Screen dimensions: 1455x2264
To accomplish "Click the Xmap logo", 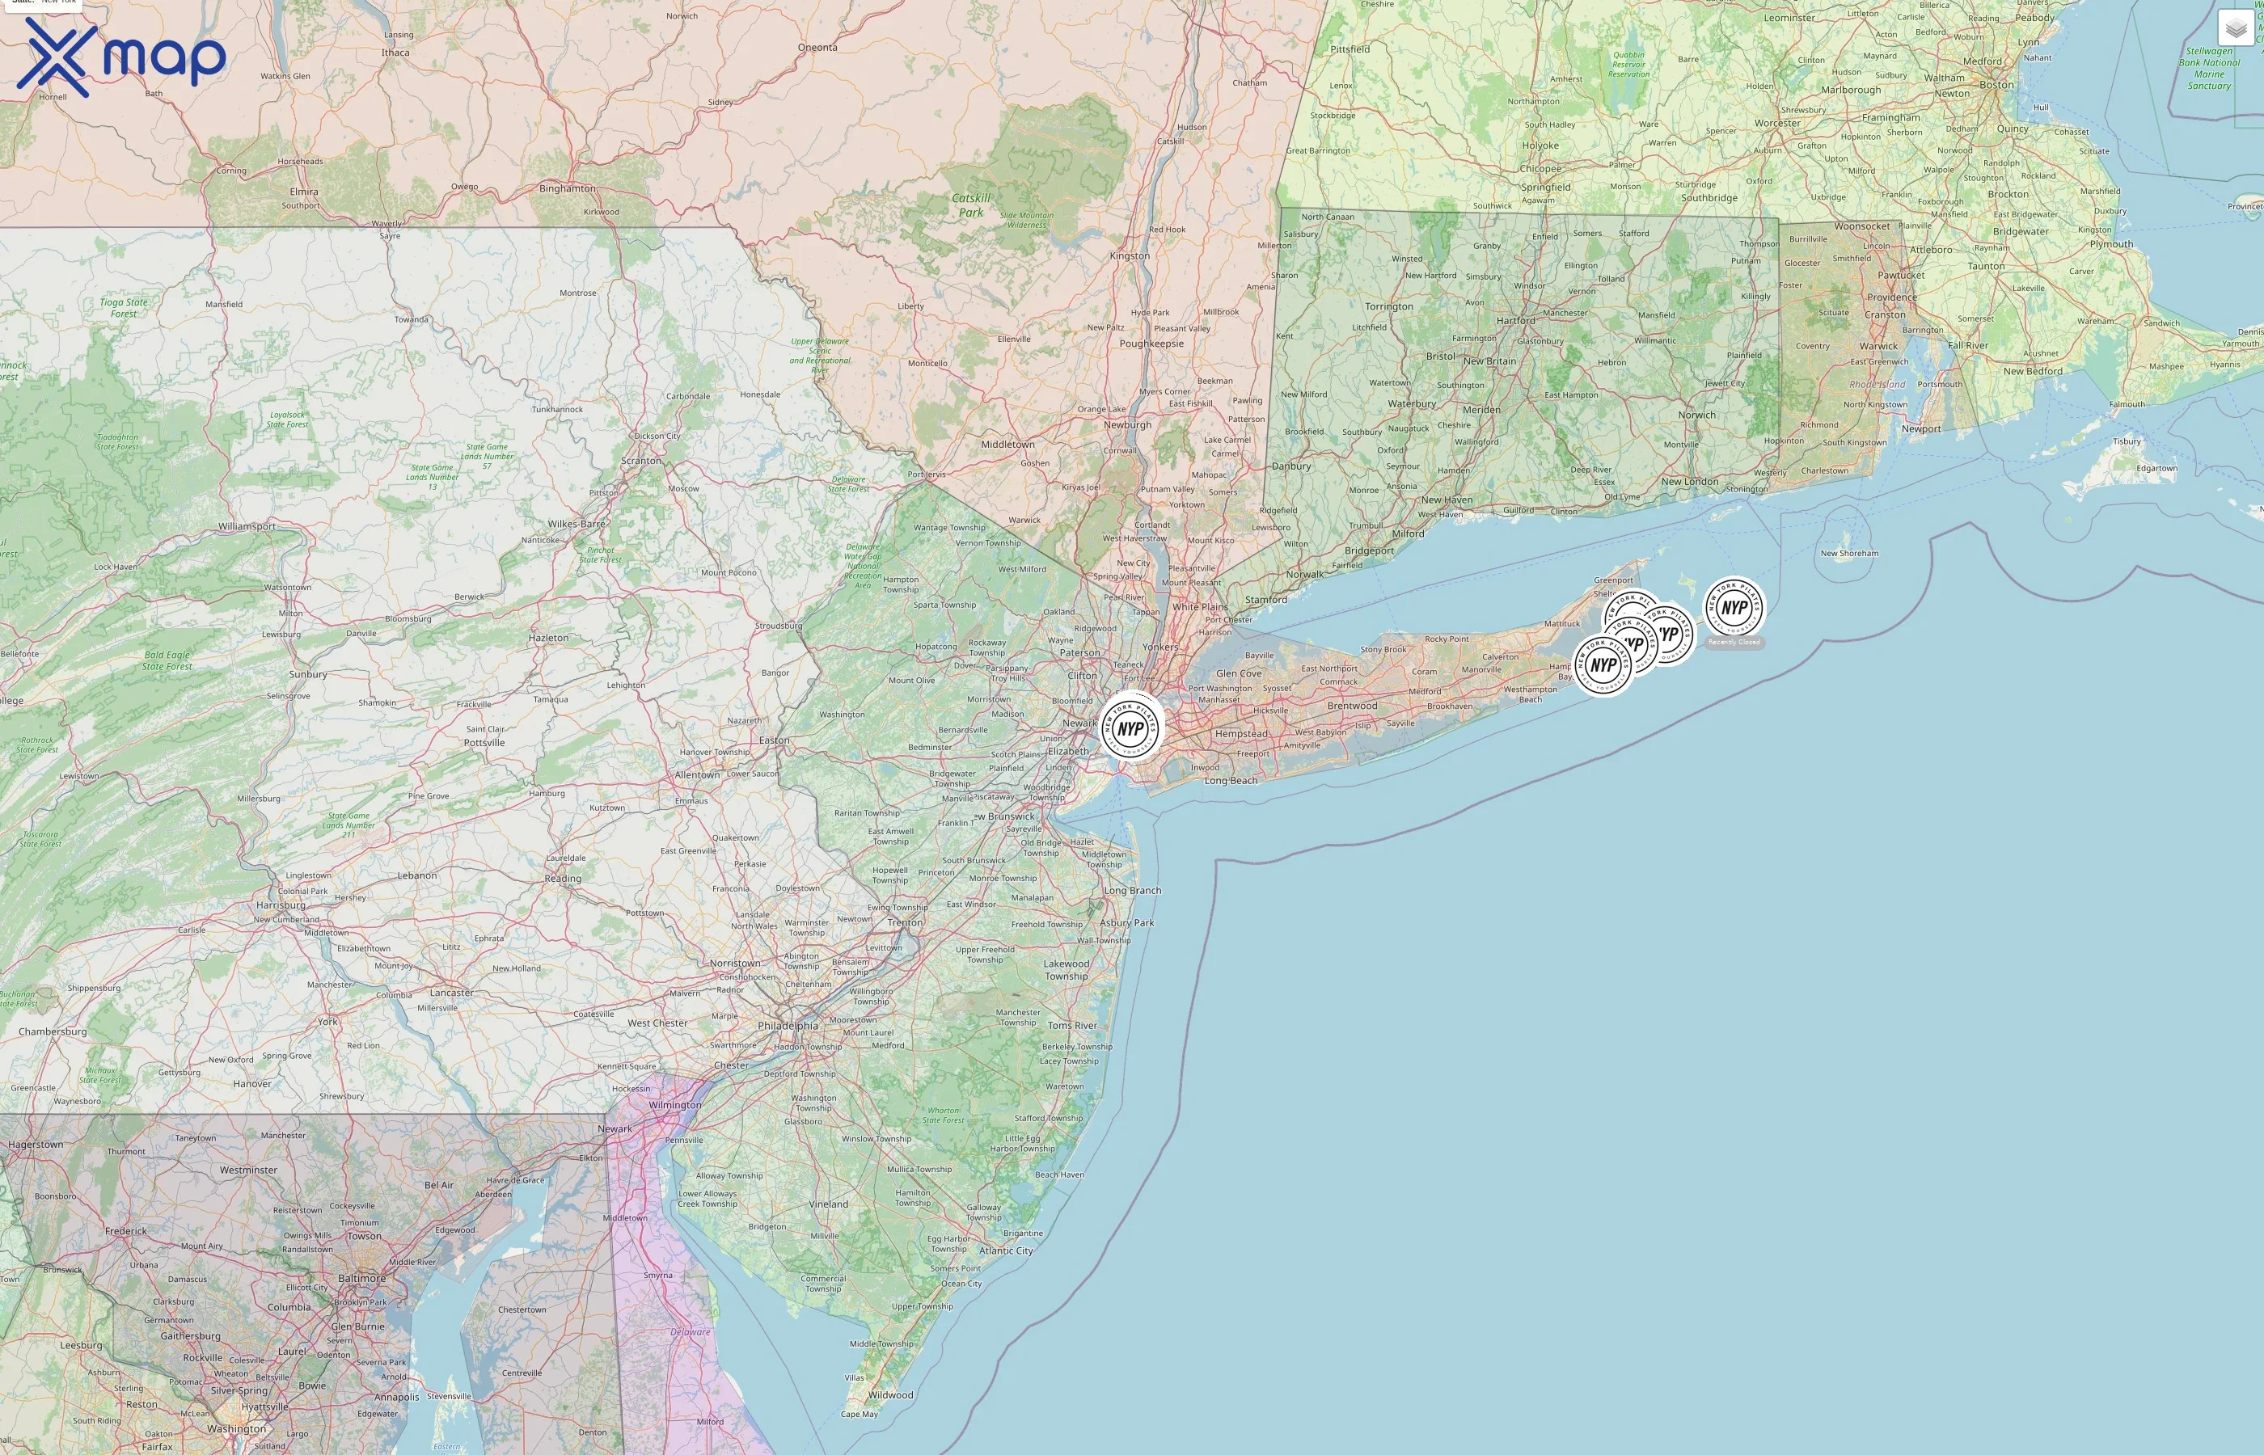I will (x=121, y=57).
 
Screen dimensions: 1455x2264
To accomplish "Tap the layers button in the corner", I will (x=2236, y=28).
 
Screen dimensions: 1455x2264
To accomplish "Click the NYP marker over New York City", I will (x=1131, y=728).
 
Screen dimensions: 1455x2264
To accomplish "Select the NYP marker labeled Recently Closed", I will (x=1733, y=609).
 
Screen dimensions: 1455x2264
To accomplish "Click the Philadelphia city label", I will (x=787, y=1025).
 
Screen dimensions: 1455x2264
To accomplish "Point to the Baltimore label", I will (x=362, y=1277).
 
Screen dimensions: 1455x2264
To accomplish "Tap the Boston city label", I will (x=1996, y=85).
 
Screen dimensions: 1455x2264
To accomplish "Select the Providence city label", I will (x=1892, y=297).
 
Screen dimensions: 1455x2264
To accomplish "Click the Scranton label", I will (x=640, y=461).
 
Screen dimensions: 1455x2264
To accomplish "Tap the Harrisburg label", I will (x=281, y=905).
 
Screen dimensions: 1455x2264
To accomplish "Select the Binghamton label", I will (x=567, y=188).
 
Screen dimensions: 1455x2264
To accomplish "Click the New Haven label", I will (x=1447, y=500).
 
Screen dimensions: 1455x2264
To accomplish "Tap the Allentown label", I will (x=696, y=774).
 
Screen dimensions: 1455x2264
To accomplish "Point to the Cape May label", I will (x=859, y=1415).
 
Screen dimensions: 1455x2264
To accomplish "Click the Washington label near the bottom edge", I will (x=236, y=1428).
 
